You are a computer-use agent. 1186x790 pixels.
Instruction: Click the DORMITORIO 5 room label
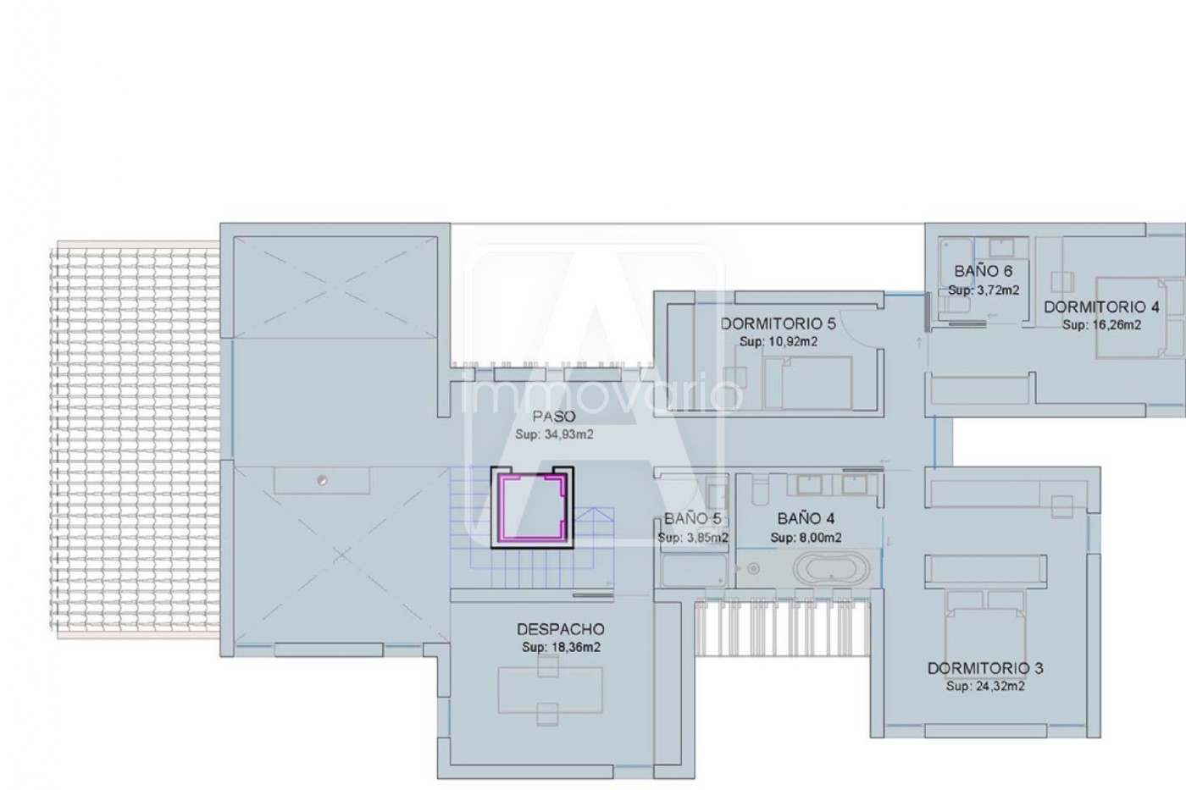pyautogui.click(x=778, y=323)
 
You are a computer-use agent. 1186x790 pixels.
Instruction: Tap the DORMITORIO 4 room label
pyautogui.click(x=1101, y=307)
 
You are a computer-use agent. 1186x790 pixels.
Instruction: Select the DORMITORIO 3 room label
pyautogui.click(x=985, y=668)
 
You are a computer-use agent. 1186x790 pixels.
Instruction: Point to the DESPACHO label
pyautogui.click(x=561, y=629)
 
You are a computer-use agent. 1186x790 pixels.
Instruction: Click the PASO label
pyautogui.click(x=554, y=417)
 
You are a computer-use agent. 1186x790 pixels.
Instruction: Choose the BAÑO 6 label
pyautogui.click(x=984, y=272)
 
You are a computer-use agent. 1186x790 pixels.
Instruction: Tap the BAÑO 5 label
pyautogui.click(x=693, y=519)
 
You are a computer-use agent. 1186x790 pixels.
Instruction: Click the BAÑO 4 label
pyautogui.click(x=806, y=518)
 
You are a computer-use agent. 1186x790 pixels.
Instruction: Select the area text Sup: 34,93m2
pyautogui.click(x=554, y=434)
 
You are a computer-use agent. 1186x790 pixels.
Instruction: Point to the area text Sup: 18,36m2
pyautogui.click(x=561, y=647)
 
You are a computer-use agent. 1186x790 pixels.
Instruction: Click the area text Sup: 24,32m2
pyautogui.click(x=985, y=687)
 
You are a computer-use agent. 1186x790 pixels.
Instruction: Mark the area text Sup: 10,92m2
pyautogui.click(x=779, y=341)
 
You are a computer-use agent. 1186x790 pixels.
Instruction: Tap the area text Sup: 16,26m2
pyautogui.click(x=1102, y=325)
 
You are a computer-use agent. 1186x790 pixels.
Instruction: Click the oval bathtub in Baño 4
pyautogui.click(x=831, y=568)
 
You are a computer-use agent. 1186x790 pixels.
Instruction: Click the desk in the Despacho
pyautogui.click(x=550, y=690)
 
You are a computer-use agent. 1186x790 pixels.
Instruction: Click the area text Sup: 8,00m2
pyautogui.click(x=806, y=538)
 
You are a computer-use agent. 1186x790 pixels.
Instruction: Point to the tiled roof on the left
pyautogui.click(x=135, y=439)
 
